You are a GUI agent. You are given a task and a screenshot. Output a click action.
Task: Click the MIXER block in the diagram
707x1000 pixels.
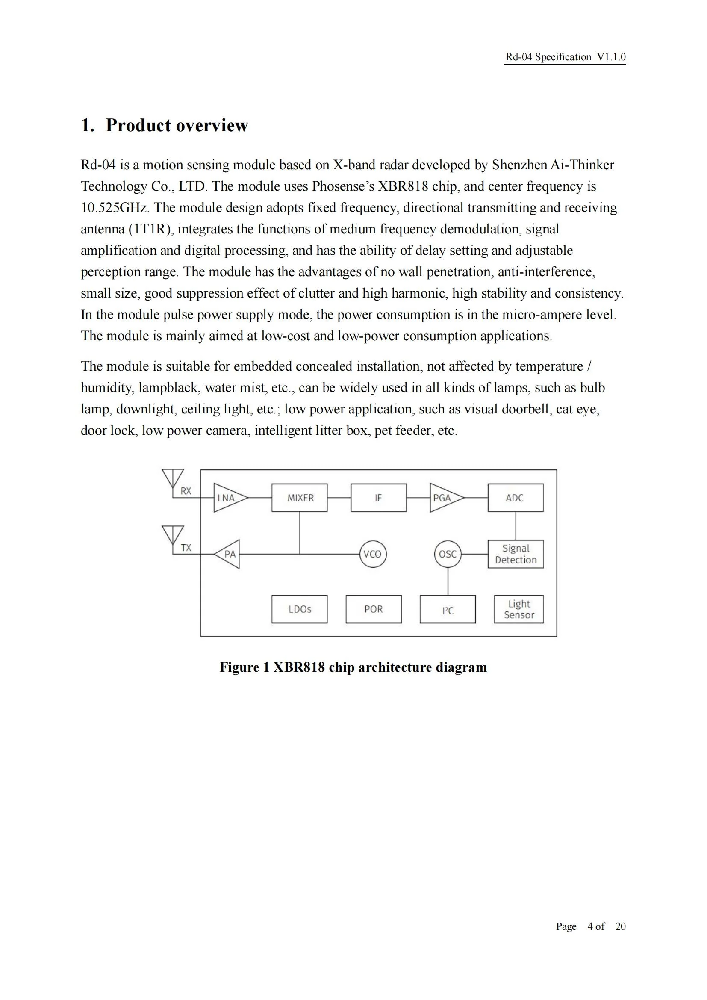coord(300,497)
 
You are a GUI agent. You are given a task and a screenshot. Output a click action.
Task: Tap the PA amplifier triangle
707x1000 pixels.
coord(229,554)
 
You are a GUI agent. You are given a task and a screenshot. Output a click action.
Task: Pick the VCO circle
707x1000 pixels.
coord(373,554)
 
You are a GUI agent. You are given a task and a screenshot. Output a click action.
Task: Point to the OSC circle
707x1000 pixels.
coord(448,554)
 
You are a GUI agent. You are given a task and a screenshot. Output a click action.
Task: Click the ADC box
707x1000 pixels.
coord(516,497)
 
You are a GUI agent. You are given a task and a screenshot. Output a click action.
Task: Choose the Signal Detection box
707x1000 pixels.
coord(516,554)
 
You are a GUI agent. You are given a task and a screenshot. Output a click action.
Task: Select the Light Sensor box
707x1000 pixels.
coord(518,609)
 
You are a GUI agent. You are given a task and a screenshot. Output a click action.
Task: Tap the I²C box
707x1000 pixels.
coord(448,609)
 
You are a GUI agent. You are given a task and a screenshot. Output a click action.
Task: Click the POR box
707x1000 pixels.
coord(374,609)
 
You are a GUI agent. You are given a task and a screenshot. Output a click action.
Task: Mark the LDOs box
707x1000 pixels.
coord(300,609)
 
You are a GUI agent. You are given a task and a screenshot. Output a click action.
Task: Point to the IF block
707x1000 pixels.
coord(378,497)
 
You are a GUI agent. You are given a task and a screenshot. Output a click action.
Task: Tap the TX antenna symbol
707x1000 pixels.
coord(173,535)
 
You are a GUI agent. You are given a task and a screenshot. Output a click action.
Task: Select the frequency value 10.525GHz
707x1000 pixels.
coord(115,208)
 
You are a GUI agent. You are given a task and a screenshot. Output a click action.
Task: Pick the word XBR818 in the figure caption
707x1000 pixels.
coord(299,667)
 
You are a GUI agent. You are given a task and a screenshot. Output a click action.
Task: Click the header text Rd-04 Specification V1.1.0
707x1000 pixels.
coord(565,57)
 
